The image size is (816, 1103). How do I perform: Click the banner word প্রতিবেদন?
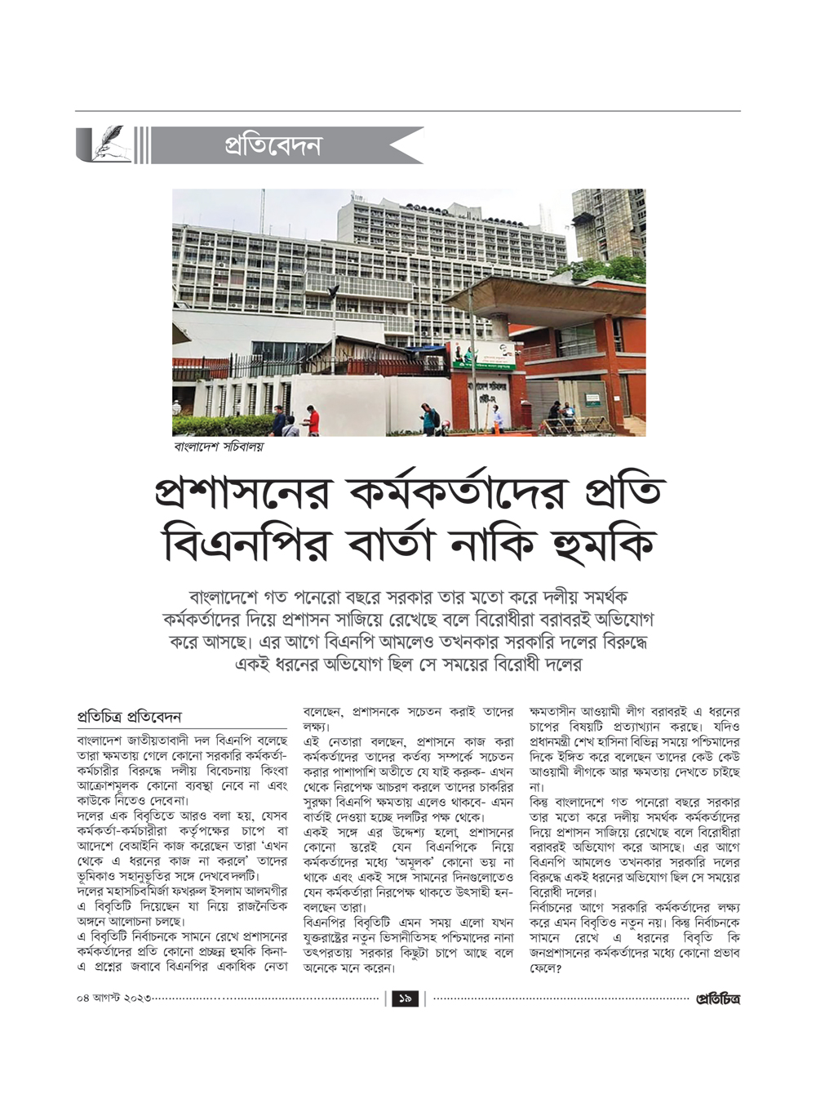click(x=273, y=146)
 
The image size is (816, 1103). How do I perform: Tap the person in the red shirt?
click(x=313, y=422)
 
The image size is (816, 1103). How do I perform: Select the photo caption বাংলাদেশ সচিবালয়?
click(x=218, y=447)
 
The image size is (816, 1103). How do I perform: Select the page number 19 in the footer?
click(x=406, y=998)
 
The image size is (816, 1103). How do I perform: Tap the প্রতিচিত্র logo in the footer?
click(x=717, y=998)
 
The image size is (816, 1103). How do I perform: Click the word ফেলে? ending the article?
click(x=546, y=968)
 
